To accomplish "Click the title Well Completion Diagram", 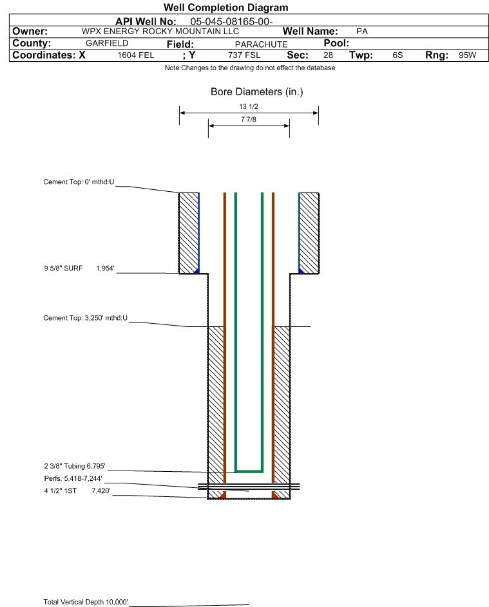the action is point(226,7).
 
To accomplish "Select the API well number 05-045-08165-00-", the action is point(231,22).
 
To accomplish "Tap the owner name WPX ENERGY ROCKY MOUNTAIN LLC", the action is point(160,32).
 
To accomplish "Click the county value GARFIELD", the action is point(107,43).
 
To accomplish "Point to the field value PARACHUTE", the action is point(261,44).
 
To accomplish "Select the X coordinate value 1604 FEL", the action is point(135,55).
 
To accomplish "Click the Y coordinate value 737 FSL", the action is point(244,55).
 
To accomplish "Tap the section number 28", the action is point(328,55).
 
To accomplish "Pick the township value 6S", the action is point(398,55).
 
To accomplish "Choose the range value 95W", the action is point(467,55).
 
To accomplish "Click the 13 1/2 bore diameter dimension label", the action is point(249,106).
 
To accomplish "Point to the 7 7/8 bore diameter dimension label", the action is point(249,119).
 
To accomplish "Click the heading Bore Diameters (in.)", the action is point(257,92).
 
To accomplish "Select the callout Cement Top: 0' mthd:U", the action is point(79,182).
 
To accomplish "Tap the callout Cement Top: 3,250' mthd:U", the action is point(85,318).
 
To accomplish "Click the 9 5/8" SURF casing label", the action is point(63,268).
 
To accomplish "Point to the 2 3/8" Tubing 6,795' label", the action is point(74,466).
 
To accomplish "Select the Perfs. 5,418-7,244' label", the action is point(73,478).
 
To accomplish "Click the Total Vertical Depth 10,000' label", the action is point(86,602).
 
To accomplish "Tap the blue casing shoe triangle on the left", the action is point(197,271).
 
